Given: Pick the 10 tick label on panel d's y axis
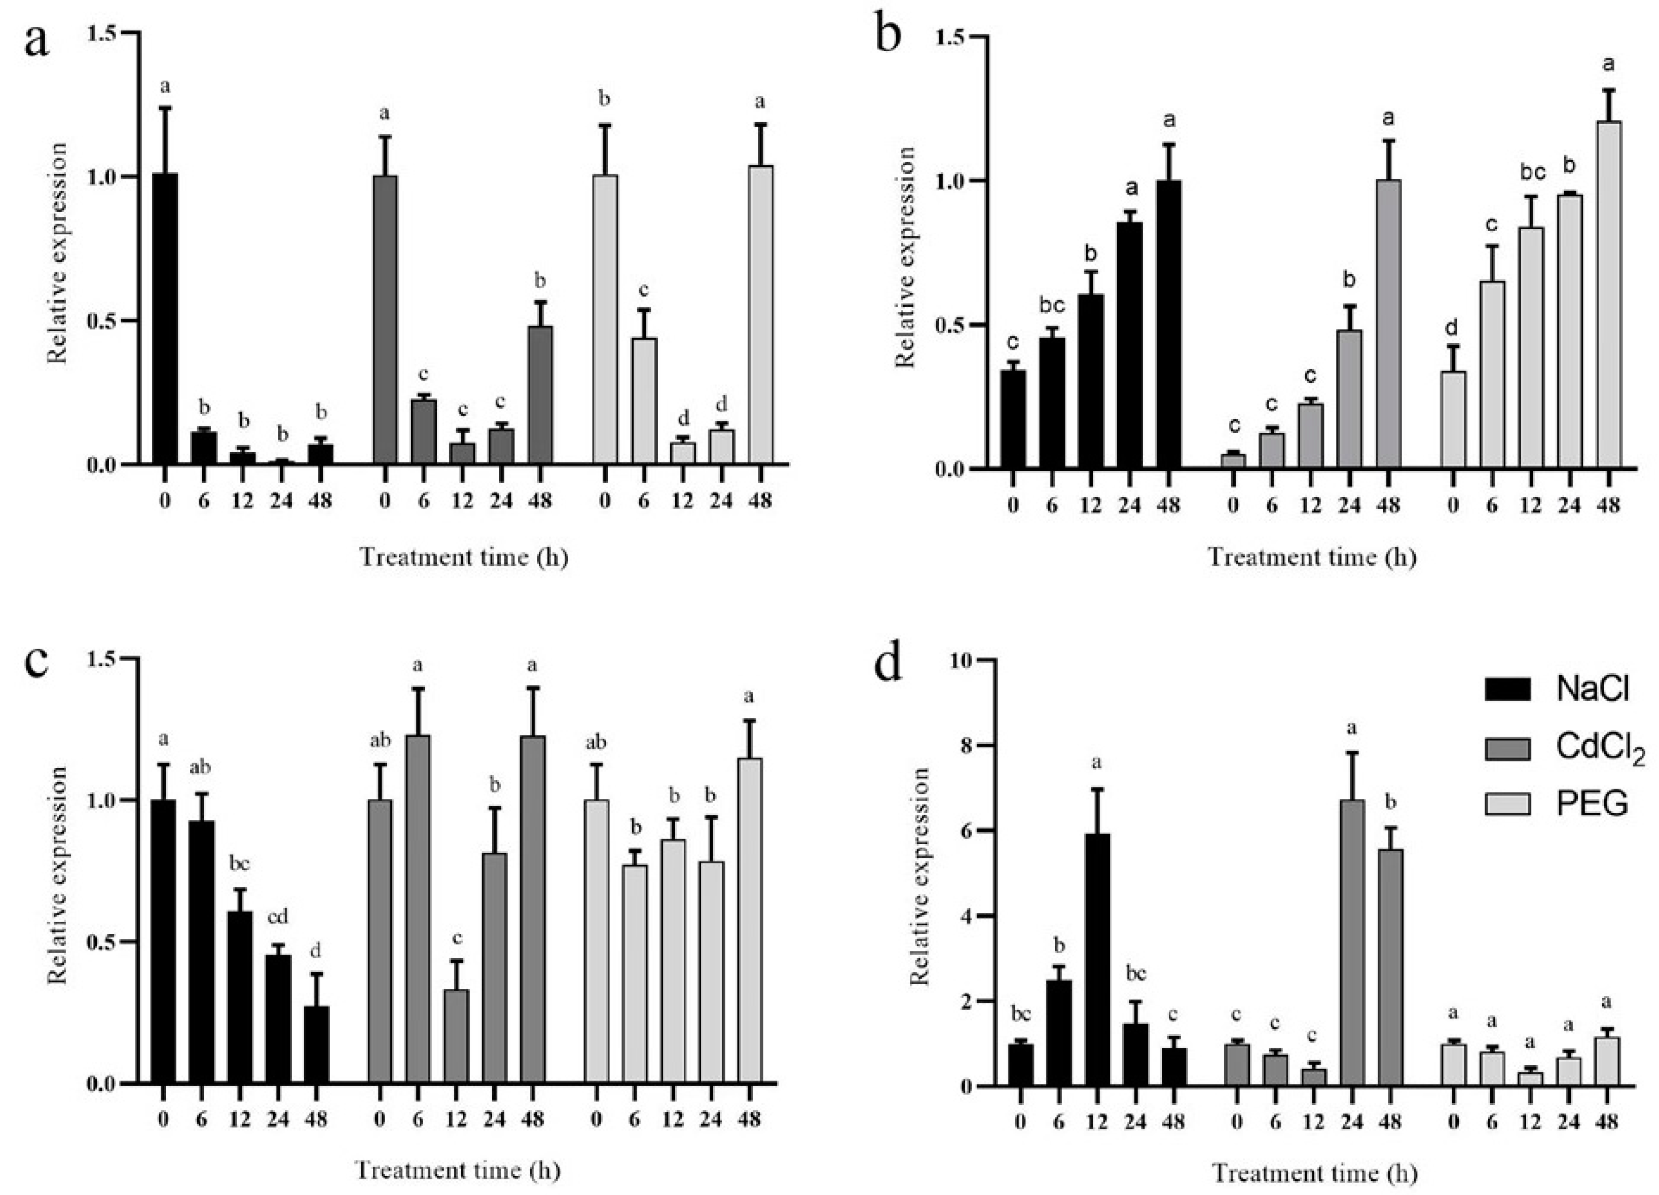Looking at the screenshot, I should (x=964, y=661).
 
